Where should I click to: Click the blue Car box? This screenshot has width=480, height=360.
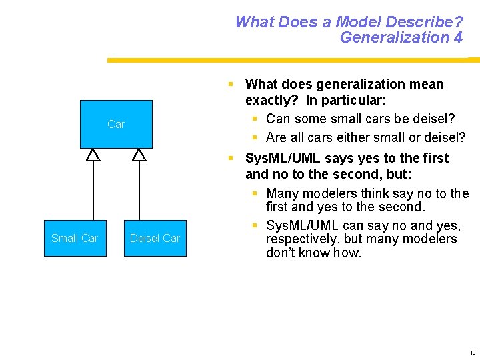116,124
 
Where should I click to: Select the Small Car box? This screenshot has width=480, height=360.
75,238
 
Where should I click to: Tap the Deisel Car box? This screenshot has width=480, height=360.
155,238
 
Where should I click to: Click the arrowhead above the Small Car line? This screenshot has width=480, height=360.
93,155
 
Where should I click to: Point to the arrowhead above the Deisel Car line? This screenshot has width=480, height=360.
139,155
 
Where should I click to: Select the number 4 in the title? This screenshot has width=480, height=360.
457,37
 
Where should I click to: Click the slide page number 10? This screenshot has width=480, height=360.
472,353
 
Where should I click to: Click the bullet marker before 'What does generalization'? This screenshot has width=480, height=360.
230,85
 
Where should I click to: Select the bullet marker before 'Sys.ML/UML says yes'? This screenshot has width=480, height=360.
230,159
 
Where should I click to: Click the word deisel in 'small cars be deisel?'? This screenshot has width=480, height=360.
434,119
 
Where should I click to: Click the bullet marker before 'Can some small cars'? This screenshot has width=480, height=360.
255,119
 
